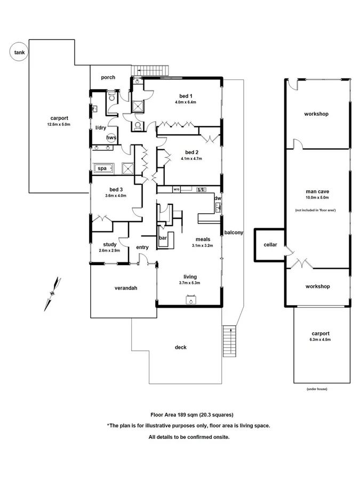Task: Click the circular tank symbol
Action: pos(19,53)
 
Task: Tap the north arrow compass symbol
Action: pos(53,293)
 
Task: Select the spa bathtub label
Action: pos(101,169)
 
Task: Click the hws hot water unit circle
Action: pos(111,138)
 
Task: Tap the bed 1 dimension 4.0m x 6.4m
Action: pos(186,102)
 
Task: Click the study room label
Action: pos(109,245)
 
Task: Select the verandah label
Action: pos(126,288)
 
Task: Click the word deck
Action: pos(181,347)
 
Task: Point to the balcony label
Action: pos(234,233)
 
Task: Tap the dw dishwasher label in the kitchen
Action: pos(217,198)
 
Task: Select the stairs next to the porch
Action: pos(151,70)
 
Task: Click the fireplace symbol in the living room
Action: pos(189,300)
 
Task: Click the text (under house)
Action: pos(317,389)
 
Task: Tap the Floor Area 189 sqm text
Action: pos(192,414)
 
